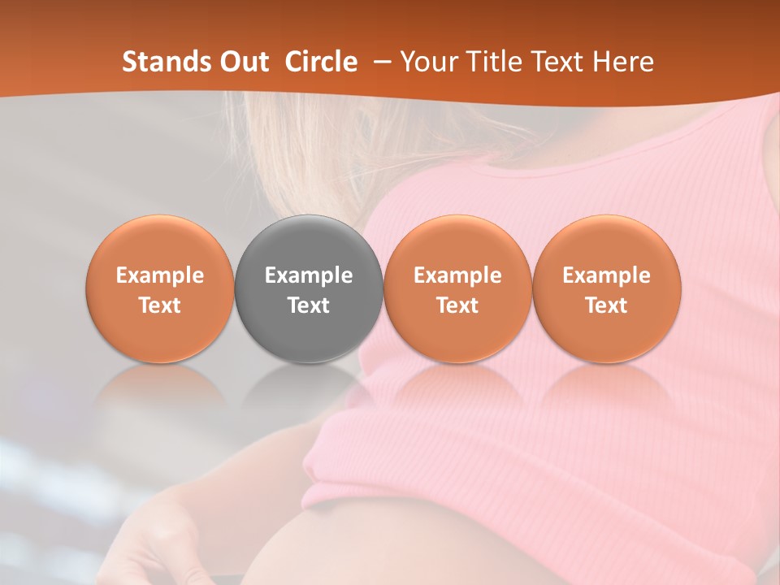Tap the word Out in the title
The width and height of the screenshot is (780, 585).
click(242, 62)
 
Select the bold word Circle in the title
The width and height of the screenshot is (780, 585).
click(321, 62)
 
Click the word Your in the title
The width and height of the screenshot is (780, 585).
click(428, 62)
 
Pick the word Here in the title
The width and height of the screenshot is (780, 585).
click(625, 62)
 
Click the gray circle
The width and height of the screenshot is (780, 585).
click(309, 288)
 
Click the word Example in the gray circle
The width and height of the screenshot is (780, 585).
click(309, 276)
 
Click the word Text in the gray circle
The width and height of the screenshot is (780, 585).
click(309, 305)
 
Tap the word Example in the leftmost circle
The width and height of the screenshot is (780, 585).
click(160, 276)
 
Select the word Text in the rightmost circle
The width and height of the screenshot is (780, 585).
click(606, 305)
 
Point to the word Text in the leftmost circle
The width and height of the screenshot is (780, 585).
click(160, 305)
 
